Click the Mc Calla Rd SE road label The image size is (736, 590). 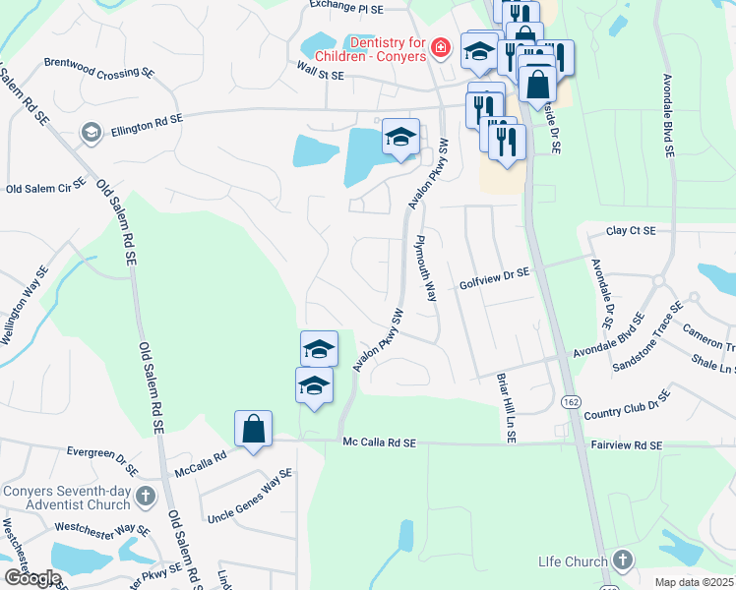point(380,444)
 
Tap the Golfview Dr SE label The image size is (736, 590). point(494,283)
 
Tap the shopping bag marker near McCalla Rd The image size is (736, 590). point(253,429)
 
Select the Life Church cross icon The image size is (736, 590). point(622,560)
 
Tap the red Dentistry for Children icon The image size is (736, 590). point(441,47)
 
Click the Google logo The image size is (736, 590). point(31,578)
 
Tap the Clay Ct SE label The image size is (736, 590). point(631,230)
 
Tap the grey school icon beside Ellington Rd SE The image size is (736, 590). point(91,133)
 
